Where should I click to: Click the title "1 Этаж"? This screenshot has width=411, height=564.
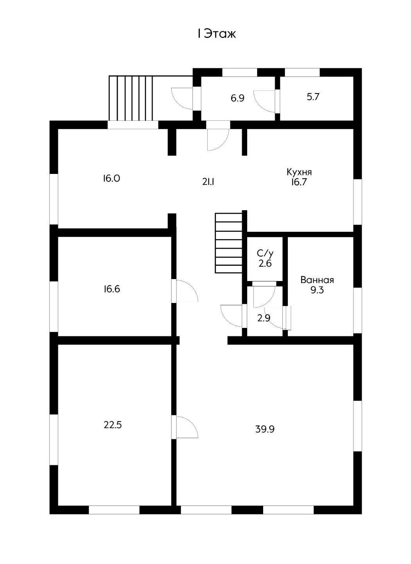[217, 34]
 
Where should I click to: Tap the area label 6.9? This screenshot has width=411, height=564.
[237, 98]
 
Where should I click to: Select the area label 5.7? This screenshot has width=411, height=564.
[313, 97]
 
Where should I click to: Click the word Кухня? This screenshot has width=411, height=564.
[299, 172]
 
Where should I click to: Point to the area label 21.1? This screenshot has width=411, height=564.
[208, 181]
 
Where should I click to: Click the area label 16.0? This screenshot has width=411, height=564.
[111, 179]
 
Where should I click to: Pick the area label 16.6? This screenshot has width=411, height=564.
[112, 289]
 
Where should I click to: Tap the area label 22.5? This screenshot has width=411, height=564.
[113, 424]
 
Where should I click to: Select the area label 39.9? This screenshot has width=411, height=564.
[265, 429]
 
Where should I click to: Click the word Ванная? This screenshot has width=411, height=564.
[317, 280]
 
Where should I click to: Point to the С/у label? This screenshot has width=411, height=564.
[265, 253]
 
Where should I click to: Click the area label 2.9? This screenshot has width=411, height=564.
[264, 318]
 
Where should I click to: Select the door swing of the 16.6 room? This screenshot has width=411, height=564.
[187, 291]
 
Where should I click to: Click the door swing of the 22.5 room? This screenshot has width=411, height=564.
[187, 427]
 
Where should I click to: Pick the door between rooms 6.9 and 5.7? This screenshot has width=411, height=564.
[266, 101]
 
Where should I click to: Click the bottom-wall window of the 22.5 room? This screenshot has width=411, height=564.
[114, 510]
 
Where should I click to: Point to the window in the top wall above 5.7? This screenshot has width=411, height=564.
[302, 72]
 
